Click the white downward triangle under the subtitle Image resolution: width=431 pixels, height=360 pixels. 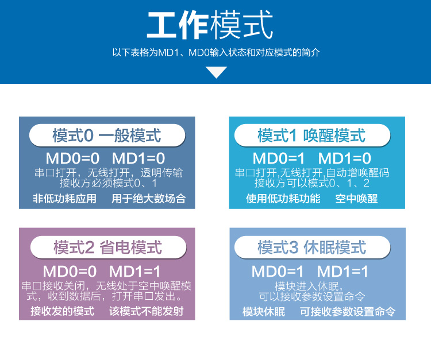(x=216, y=72)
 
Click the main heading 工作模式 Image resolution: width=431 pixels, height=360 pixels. (x=210, y=25)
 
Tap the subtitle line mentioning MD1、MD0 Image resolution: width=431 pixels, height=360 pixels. (x=216, y=52)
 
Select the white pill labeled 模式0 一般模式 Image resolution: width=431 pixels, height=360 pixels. (x=107, y=135)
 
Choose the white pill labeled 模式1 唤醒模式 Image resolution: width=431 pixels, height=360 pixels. (x=312, y=135)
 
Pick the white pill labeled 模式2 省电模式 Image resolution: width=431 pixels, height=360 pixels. (x=108, y=247)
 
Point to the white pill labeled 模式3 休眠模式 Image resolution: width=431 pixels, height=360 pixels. (x=312, y=247)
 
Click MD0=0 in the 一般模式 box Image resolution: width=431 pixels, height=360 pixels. (x=72, y=158)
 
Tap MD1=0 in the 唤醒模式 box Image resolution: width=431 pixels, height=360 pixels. (x=345, y=158)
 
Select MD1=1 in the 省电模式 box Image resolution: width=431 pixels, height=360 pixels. (x=134, y=272)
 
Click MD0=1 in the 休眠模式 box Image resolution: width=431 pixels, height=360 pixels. (x=278, y=272)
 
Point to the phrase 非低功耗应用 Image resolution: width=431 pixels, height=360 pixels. (x=64, y=198)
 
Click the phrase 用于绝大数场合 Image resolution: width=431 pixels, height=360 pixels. (x=149, y=198)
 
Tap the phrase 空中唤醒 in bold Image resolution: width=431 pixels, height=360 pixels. (x=356, y=198)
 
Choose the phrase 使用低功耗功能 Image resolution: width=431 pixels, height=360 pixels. (x=283, y=198)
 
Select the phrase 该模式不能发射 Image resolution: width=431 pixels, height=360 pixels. (x=147, y=311)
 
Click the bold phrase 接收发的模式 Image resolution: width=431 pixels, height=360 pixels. (x=63, y=311)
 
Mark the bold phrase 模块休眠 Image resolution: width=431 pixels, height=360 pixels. (x=264, y=312)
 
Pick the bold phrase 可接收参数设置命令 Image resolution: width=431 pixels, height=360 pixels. (x=348, y=312)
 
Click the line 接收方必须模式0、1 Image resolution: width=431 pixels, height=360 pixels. (x=108, y=183)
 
